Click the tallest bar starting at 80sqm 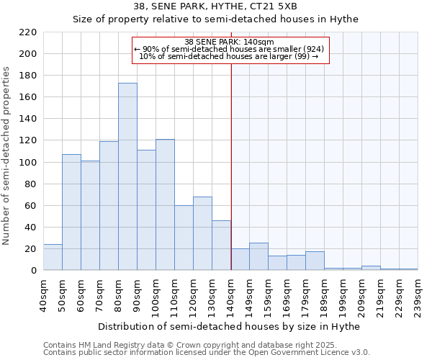[127, 176]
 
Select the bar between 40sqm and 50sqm [53, 257]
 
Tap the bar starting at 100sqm [165, 204]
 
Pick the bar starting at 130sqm [221, 245]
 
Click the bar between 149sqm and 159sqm [258, 256]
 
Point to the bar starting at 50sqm [71, 212]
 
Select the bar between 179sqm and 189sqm [315, 261]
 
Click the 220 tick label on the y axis [28, 32]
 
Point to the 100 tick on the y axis [28, 162]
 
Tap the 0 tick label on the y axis [34, 271]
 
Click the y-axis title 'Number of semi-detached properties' [7, 156]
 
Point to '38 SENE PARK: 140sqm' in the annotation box [229, 42]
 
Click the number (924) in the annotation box [312, 49]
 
